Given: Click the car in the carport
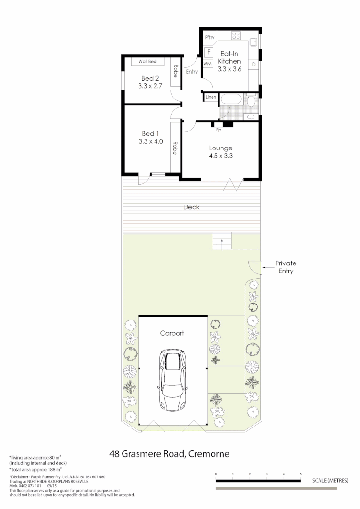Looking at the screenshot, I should click(x=173, y=380).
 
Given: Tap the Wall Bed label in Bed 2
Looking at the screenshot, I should click(x=147, y=62).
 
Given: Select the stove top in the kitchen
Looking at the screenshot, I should click(x=236, y=35).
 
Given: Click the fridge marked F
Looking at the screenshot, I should click(x=208, y=52).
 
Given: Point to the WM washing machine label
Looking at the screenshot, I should click(x=207, y=63).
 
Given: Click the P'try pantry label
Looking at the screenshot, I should click(x=210, y=37).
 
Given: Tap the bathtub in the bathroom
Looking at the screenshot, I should click(x=231, y=100).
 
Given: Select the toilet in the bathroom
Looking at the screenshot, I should click(x=252, y=101).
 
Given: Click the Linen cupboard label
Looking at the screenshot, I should click(x=211, y=97).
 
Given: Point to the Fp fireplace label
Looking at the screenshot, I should click(x=218, y=130).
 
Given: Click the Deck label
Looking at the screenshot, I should click(x=191, y=207).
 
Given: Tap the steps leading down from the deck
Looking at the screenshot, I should click(x=221, y=242).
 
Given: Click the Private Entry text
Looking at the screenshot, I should click(x=286, y=267).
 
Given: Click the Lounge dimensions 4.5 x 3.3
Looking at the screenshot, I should click(x=221, y=156).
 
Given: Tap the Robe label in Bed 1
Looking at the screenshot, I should click(x=175, y=148).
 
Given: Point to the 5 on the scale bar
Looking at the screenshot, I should click(x=301, y=474).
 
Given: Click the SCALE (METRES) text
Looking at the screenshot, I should click(x=330, y=481).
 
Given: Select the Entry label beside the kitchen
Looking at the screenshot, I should click(x=192, y=72).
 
